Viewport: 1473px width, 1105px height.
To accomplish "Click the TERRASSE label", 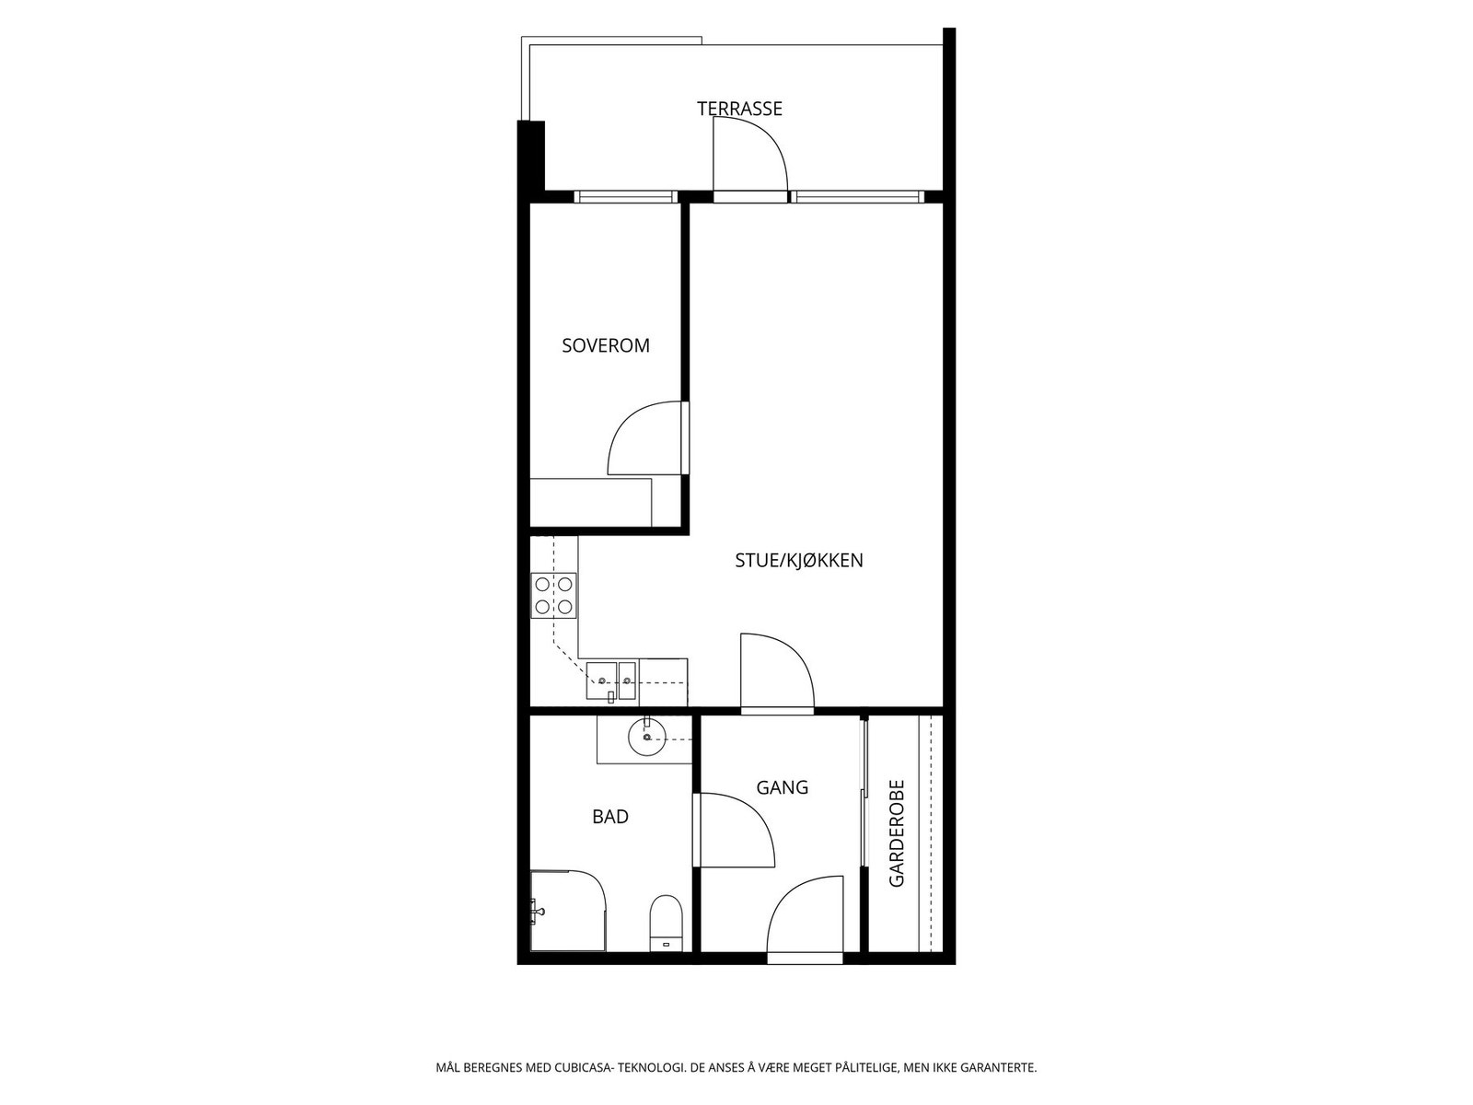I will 739,109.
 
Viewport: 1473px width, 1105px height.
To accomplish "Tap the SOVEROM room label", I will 606,346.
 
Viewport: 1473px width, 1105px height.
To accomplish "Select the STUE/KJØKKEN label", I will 798,560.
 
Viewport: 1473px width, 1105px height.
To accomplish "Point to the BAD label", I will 610,817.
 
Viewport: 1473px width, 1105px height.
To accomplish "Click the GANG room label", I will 782,787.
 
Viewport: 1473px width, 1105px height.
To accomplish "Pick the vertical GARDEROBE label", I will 897,834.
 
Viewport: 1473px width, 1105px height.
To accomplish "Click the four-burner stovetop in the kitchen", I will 554,595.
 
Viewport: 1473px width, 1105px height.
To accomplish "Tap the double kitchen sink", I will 611,681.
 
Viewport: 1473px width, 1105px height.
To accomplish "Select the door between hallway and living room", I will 775,672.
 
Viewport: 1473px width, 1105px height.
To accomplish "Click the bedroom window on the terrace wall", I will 625,196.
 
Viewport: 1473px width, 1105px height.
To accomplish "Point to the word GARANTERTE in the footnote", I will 998,1068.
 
